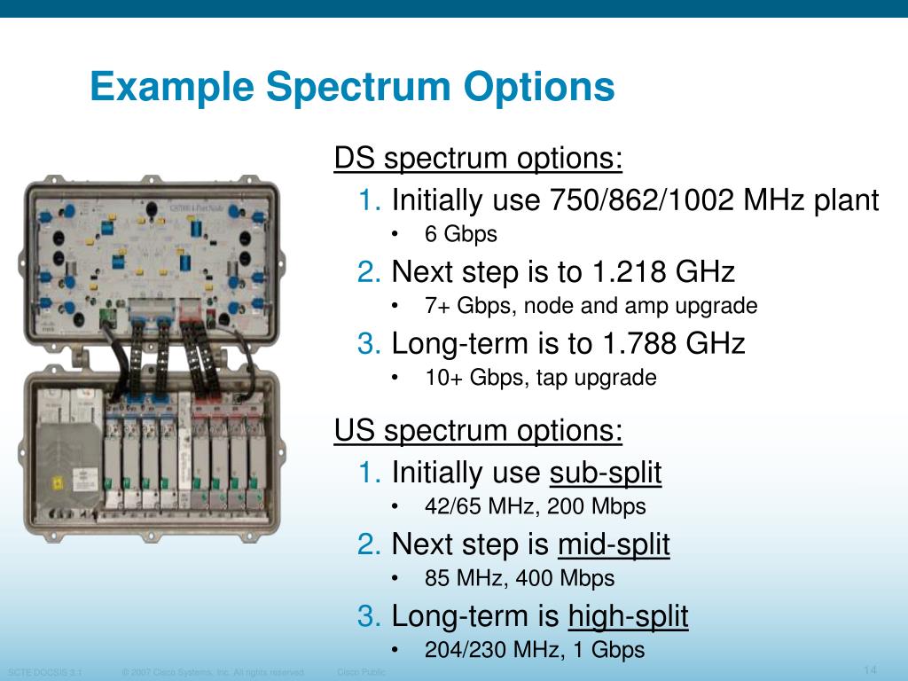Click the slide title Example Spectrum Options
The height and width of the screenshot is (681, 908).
[352, 88]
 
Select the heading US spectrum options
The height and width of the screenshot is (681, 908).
[478, 432]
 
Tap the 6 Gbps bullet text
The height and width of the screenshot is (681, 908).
[460, 234]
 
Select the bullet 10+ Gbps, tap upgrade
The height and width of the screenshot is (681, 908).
[540, 378]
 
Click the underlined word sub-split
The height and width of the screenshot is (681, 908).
[606, 474]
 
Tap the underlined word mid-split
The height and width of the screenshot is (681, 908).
[614, 544]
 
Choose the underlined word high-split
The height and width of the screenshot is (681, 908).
[628, 615]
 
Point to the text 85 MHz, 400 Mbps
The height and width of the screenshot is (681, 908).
[520, 579]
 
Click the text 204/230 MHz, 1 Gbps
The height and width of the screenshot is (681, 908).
[534, 650]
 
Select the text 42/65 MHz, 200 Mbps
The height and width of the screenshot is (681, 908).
[535, 507]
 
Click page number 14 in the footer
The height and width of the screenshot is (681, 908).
[869, 669]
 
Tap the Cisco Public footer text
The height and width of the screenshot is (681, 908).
[362, 672]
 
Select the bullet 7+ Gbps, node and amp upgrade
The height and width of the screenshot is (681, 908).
[591, 307]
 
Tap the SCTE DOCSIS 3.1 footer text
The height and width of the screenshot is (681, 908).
[44, 672]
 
